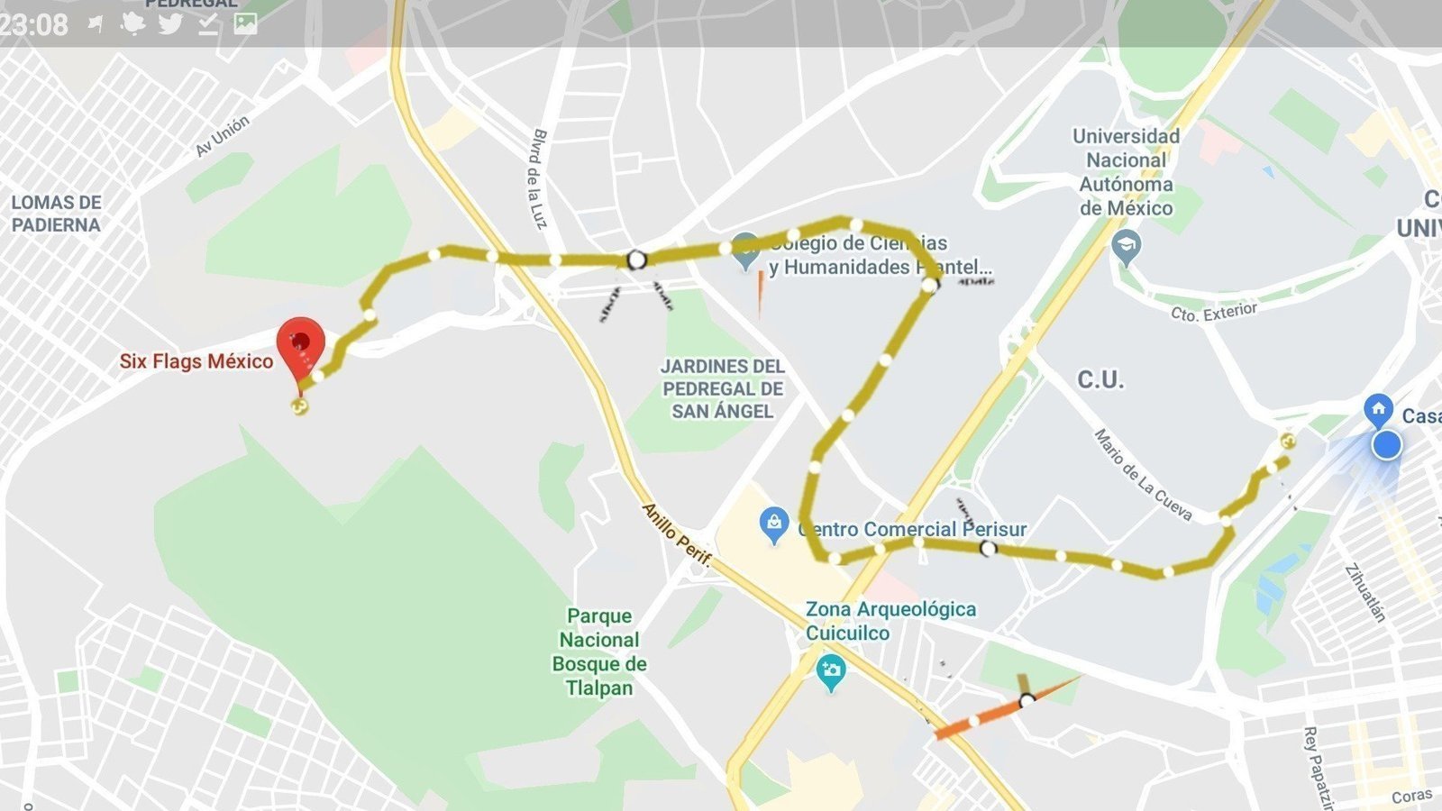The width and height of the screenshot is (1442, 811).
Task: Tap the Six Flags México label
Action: [x=196, y=361]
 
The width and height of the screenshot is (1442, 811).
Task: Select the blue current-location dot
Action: [x=1386, y=445]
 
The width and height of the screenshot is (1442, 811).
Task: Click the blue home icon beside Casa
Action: [x=1378, y=409]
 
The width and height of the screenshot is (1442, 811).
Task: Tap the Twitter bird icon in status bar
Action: [x=170, y=23]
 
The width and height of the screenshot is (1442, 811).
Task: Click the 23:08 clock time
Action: [x=34, y=24]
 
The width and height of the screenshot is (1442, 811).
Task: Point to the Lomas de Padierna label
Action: [x=56, y=214]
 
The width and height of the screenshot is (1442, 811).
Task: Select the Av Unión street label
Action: [x=223, y=136]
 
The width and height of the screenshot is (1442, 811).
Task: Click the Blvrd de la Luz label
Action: [x=538, y=178]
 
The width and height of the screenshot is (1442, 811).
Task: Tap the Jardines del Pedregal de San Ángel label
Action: [x=723, y=388]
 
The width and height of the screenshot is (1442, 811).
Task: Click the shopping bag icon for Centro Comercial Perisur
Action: [x=773, y=523]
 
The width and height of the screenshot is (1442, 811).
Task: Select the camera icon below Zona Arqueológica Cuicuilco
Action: [x=830, y=670]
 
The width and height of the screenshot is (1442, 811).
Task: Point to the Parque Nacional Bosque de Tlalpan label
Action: [x=599, y=652]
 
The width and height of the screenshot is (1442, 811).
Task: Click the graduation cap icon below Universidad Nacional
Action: [x=1127, y=245]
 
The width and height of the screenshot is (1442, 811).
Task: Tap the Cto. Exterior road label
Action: [x=1213, y=312]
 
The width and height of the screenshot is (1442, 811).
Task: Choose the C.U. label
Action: [x=1100, y=379]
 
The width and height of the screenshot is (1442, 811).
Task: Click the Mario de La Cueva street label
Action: [x=1143, y=475]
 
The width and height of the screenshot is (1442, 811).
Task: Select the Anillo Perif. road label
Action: [x=676, y=534]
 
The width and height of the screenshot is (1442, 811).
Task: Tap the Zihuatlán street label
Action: [x=1364, y=592]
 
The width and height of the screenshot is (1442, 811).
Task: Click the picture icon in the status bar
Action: [x=245, y=23]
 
